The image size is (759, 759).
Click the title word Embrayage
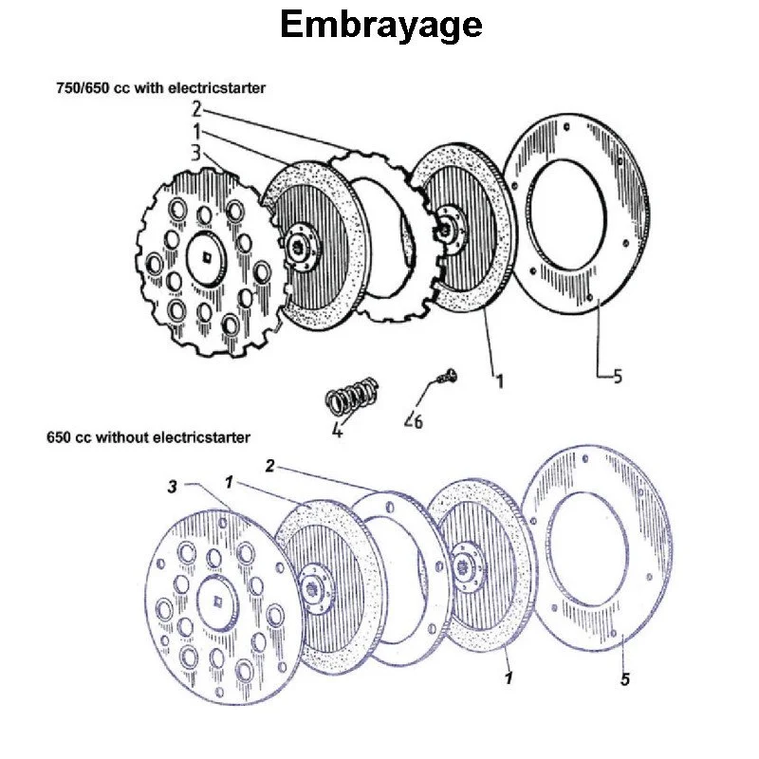pyautogui.click(x=380, y=26)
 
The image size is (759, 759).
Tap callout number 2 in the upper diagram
pyautogui.click(x=196, y=110)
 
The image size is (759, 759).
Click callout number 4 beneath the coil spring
pyautogui.click(x=337, y=430)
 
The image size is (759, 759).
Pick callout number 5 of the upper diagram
pyautogui.click(x=617, y=377)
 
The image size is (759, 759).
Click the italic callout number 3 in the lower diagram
pyautogui.click(x=172, y=486)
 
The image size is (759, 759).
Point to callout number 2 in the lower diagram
pyautogui.click(x=269, y=466)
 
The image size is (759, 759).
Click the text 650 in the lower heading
pyautogui.click(x=59, y=437)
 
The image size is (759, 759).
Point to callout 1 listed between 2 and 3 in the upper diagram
pyautogui.click(x=196, y=131)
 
